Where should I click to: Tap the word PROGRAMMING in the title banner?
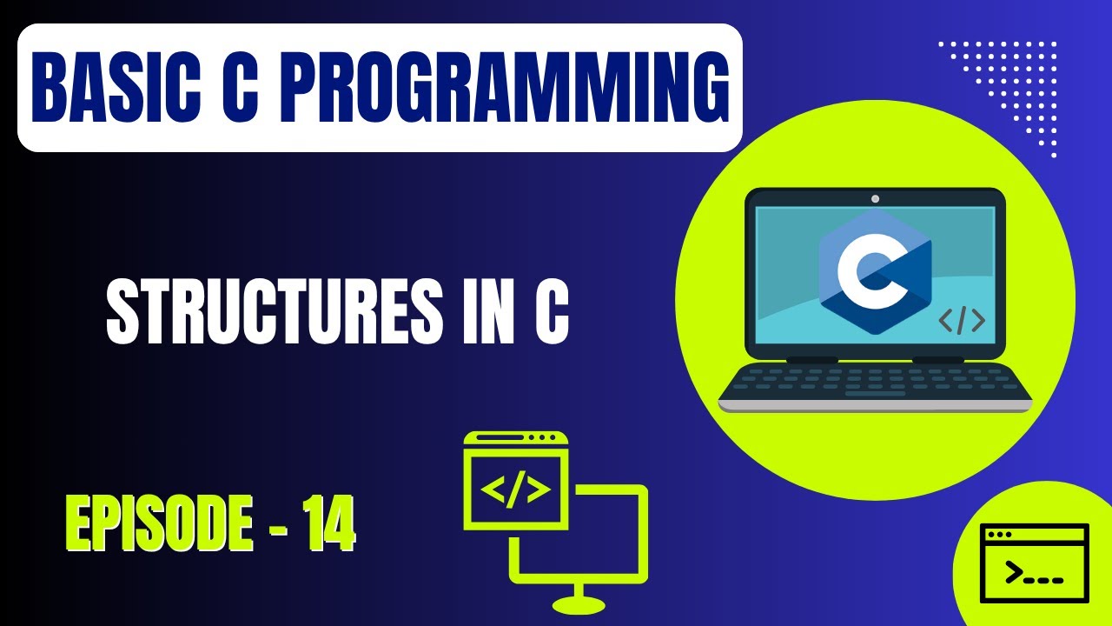pos(506,88)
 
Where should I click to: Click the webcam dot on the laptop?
pos(875,199)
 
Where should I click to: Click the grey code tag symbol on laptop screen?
pos(962,321)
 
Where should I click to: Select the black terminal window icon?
pos(1034,563)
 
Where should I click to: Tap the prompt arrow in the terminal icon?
pos(1013,573)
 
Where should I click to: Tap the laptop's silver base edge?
pos(875,406)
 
